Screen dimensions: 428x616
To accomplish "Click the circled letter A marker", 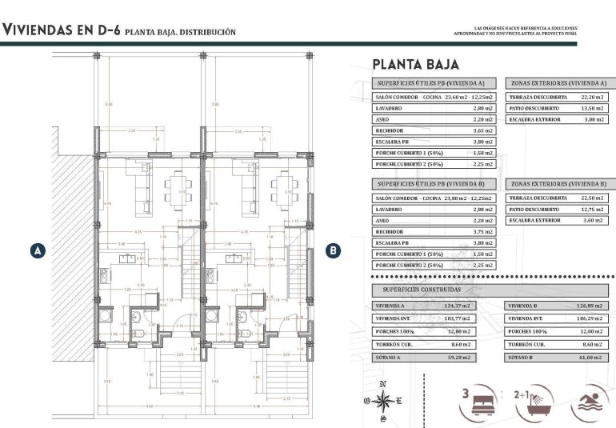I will tap(36, 250).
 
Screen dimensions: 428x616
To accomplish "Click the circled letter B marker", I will tap(334, 250).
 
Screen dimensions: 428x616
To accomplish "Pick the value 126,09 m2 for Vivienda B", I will tap(589, 306).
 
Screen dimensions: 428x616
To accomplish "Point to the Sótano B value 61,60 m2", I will tap(590, 356).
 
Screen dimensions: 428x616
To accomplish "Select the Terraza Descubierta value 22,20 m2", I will tap(590, 97).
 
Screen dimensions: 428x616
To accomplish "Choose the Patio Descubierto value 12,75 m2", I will tap(590, 209).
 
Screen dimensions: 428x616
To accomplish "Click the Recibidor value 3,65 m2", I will tap(483, 130).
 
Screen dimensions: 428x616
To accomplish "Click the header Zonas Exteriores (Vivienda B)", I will tap(558, 183).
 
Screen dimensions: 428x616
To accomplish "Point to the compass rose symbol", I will tap(383, 402).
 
